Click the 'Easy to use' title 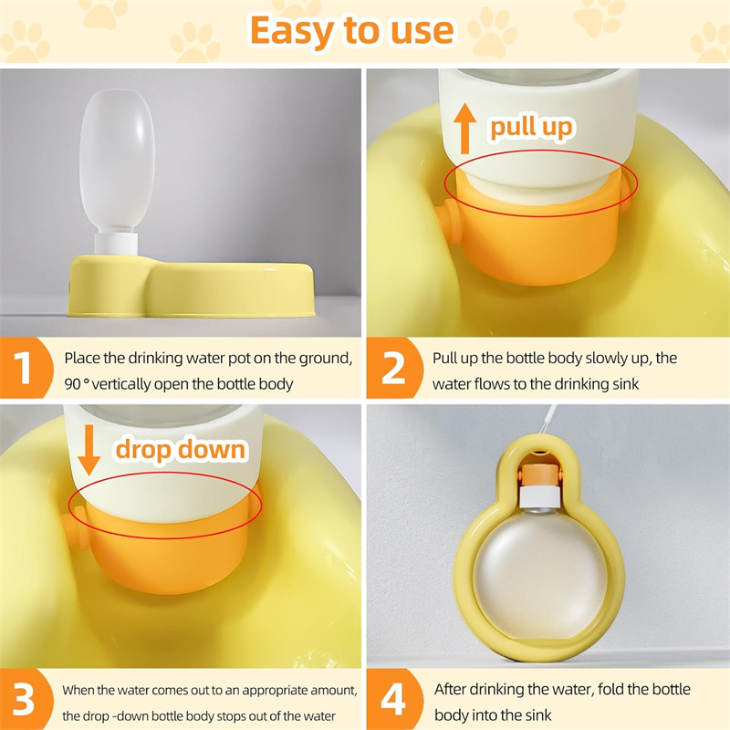[x=352, y=31]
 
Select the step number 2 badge [x=393, y=369]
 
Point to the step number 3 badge [x=24, y=699]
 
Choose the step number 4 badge [x=393, y=699]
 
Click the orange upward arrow [x=464, y=129]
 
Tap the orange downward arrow [x=89, y=449]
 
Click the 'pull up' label [x=531, y=127]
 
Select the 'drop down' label [x=181, y=449]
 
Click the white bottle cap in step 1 [x=117, y=244]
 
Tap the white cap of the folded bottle [x=538, y=498]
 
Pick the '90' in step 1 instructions [x=73, y=384]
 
